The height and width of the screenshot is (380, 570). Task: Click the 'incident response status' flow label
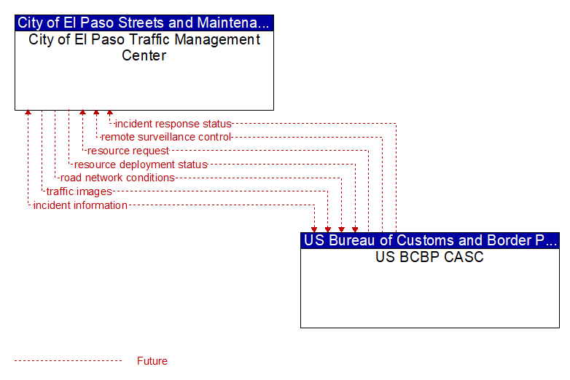pos(173,124)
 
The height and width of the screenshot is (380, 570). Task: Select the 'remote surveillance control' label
pos(165,137)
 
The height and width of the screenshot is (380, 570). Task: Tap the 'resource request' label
pos(128,151)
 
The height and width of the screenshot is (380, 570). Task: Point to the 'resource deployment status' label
pos(141,165)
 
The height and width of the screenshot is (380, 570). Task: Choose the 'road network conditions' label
pos(117,178)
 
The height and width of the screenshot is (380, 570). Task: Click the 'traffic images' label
pos(79,191)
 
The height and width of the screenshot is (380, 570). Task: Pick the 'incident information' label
pos(80,205)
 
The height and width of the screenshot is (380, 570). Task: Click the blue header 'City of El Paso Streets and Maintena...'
pos(144,23)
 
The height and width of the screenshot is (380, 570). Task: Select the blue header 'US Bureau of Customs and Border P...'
pos(430,241)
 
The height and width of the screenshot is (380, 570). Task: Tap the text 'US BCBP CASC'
pos(429,257)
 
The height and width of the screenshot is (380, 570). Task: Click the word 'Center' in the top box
pos(144,55)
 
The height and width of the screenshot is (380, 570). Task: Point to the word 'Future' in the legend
pos(152,361)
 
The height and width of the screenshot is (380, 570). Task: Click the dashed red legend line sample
pos(69,361)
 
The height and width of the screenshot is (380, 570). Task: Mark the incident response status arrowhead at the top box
pos(110,113)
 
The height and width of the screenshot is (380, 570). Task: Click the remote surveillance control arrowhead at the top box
pos(96,113)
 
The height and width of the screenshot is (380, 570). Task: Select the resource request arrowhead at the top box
pos(82,113)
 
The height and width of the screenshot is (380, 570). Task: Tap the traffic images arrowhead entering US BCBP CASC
pos(328,230)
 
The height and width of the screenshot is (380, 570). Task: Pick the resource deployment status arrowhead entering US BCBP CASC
pos(355,230)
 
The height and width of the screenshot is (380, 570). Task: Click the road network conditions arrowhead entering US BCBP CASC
pos(341,230)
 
